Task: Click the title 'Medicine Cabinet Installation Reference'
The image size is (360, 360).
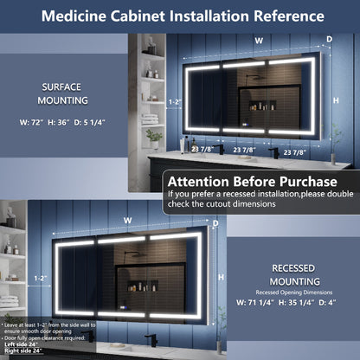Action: (x=181, y=16)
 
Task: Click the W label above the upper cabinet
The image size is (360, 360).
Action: (x=258, y=40)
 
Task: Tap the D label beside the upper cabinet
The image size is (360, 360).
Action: (x=329, y=39)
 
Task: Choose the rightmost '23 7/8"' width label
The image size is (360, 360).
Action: (x=299, y=152)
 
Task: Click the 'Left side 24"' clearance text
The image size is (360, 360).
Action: (x=19, y=344)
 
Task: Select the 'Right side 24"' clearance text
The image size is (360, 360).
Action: (x=22, y=352)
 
